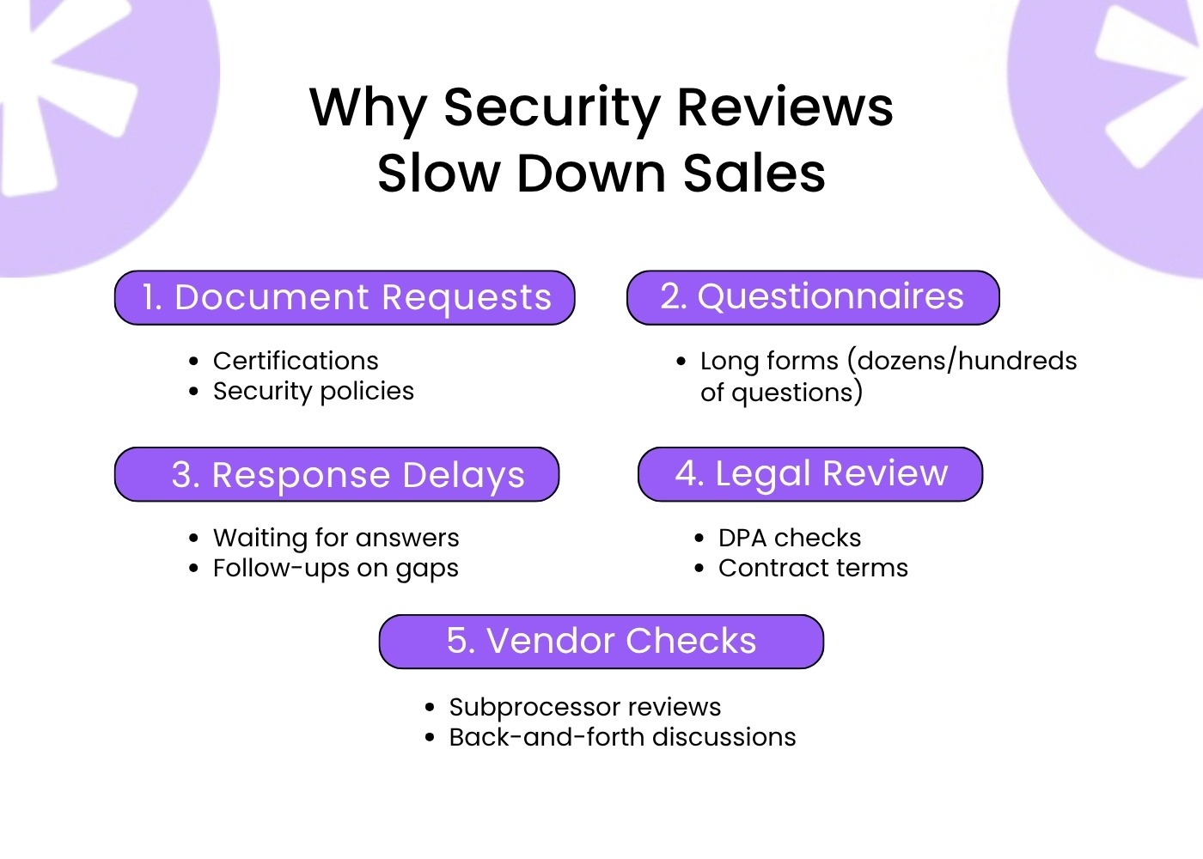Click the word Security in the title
551,108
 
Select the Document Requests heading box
345,298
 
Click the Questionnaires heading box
813,297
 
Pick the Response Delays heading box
337,474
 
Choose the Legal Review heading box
810,473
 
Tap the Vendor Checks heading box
601,641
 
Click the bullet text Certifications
296,361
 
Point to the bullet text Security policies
314,391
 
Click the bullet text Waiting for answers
336,538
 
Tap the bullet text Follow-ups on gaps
336,569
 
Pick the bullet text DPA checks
790,538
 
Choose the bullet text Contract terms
813,568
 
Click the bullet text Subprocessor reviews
585,707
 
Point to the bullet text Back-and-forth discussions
622,737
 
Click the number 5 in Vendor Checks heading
457,641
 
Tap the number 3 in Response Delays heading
182,475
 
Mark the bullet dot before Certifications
194,362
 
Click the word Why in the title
367,108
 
